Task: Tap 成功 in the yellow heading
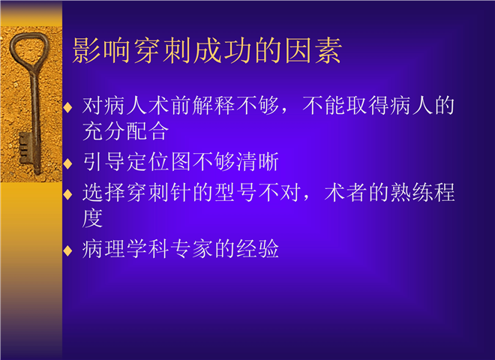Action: (223, 51)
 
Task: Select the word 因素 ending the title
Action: (313, 51)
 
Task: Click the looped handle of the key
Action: (29, 51)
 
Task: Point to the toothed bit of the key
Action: (25, 147)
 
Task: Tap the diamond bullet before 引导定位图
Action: (67, 163)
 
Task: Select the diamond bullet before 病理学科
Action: (67, 250)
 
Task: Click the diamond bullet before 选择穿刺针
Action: (67, 194)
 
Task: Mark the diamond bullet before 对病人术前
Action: (67, 107)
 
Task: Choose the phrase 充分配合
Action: (125, 130)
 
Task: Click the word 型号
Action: (235, 192)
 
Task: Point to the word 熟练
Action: (412, 192)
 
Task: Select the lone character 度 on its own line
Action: (92, 218)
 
